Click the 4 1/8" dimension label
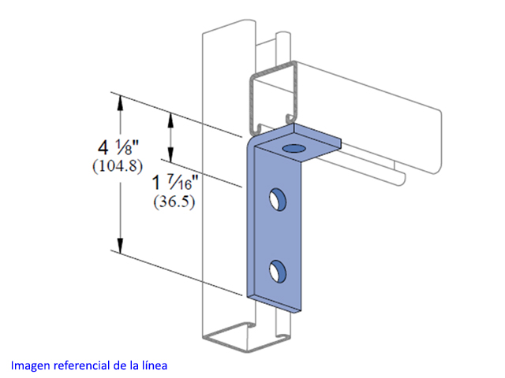tap(118, 148)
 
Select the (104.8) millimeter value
tap(118, 166)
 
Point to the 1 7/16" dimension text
tap(176, 183)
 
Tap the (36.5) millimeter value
tap(174, 202)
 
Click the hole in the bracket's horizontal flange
tap(294, 149)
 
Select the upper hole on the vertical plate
tap(278, 199)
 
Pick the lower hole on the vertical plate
tap(278, 272)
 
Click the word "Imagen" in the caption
tap(31, 365)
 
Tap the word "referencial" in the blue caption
tap(81, 365)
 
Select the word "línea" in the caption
tap(155, 365)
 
